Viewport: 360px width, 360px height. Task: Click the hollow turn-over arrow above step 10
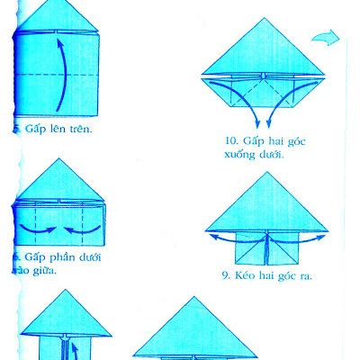click(x=326, y=38)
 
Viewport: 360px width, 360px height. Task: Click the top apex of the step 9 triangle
click(x=265, y=174)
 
